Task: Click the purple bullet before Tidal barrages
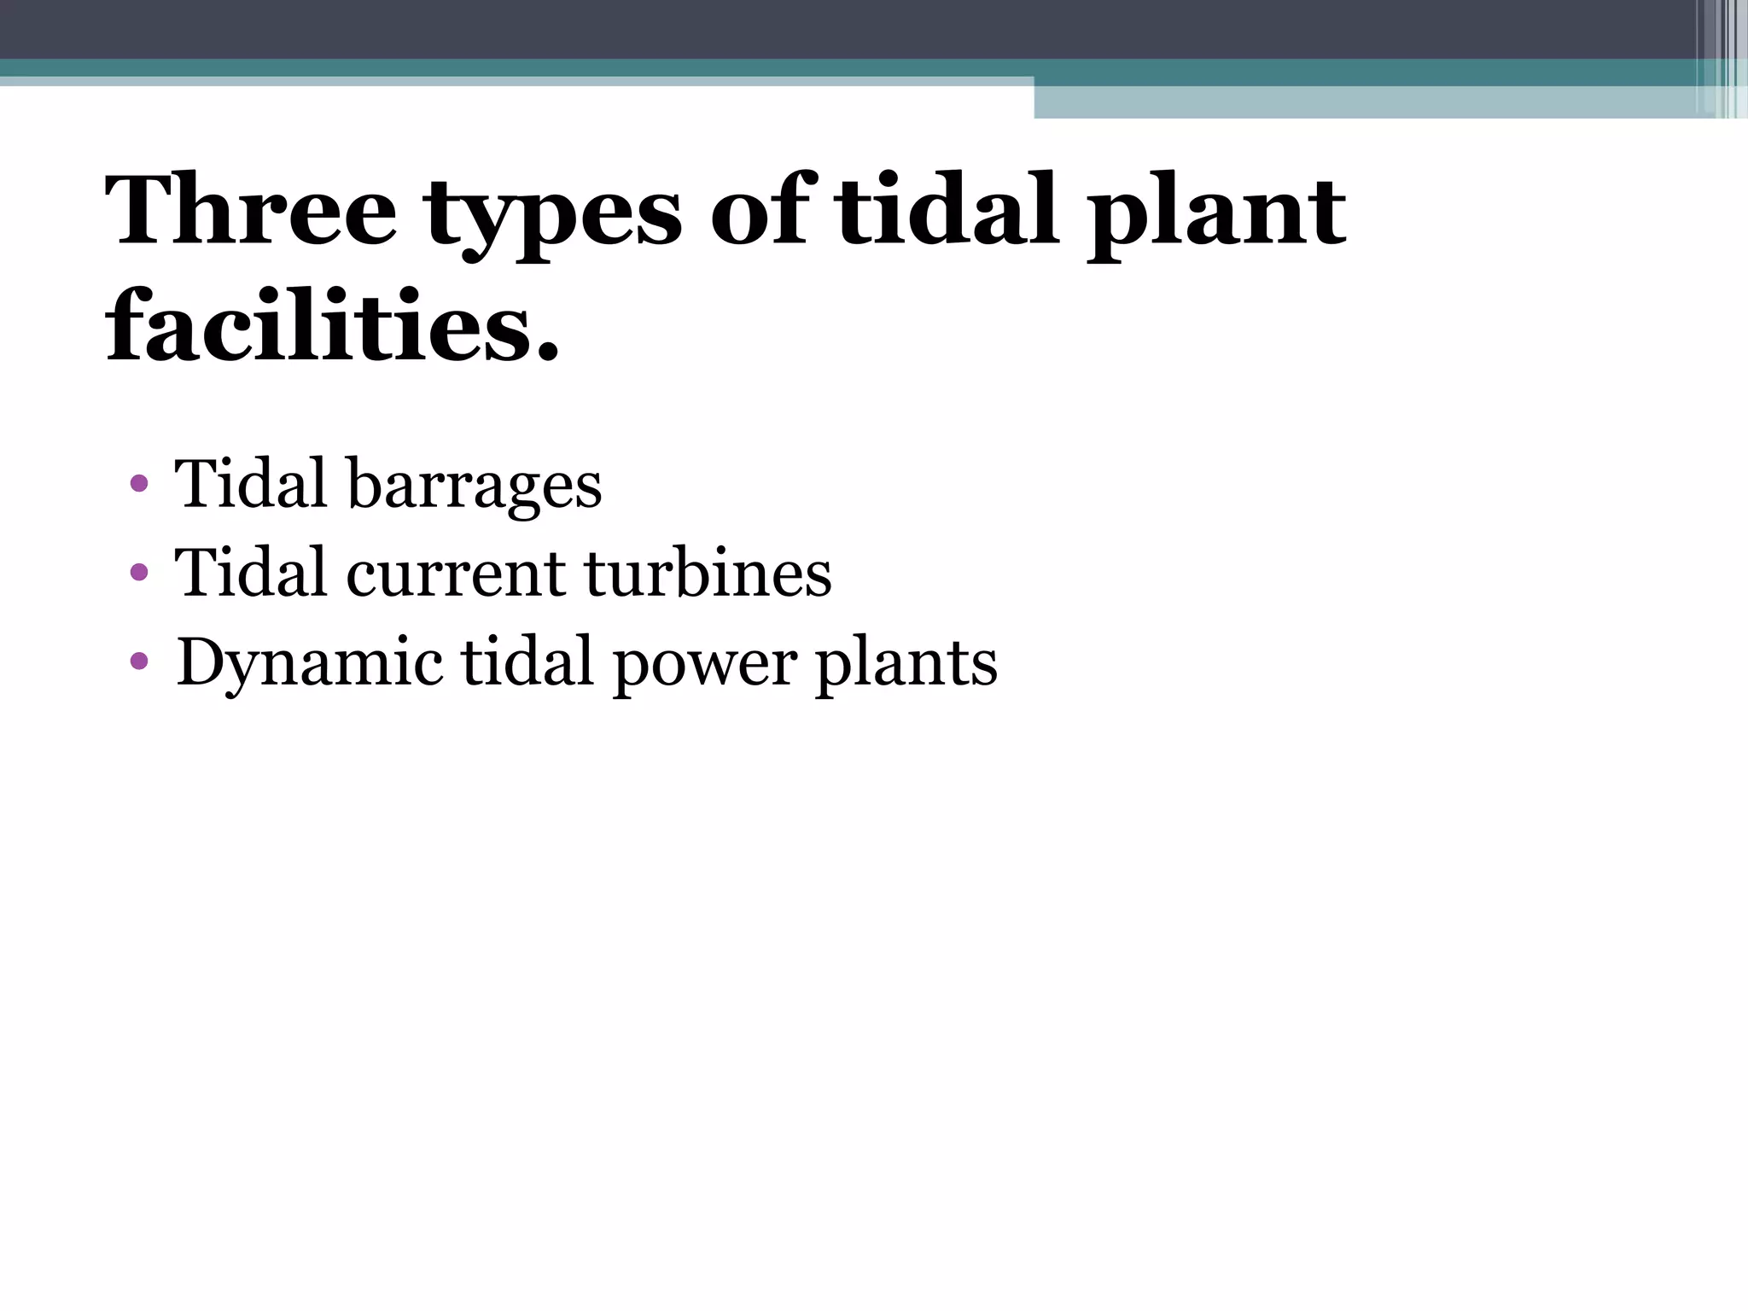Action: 140,485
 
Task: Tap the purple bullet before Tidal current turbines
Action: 140,573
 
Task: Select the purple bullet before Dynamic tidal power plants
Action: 140,661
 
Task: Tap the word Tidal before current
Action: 251,572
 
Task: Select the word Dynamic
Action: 310,663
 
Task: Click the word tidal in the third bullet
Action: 527,661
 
